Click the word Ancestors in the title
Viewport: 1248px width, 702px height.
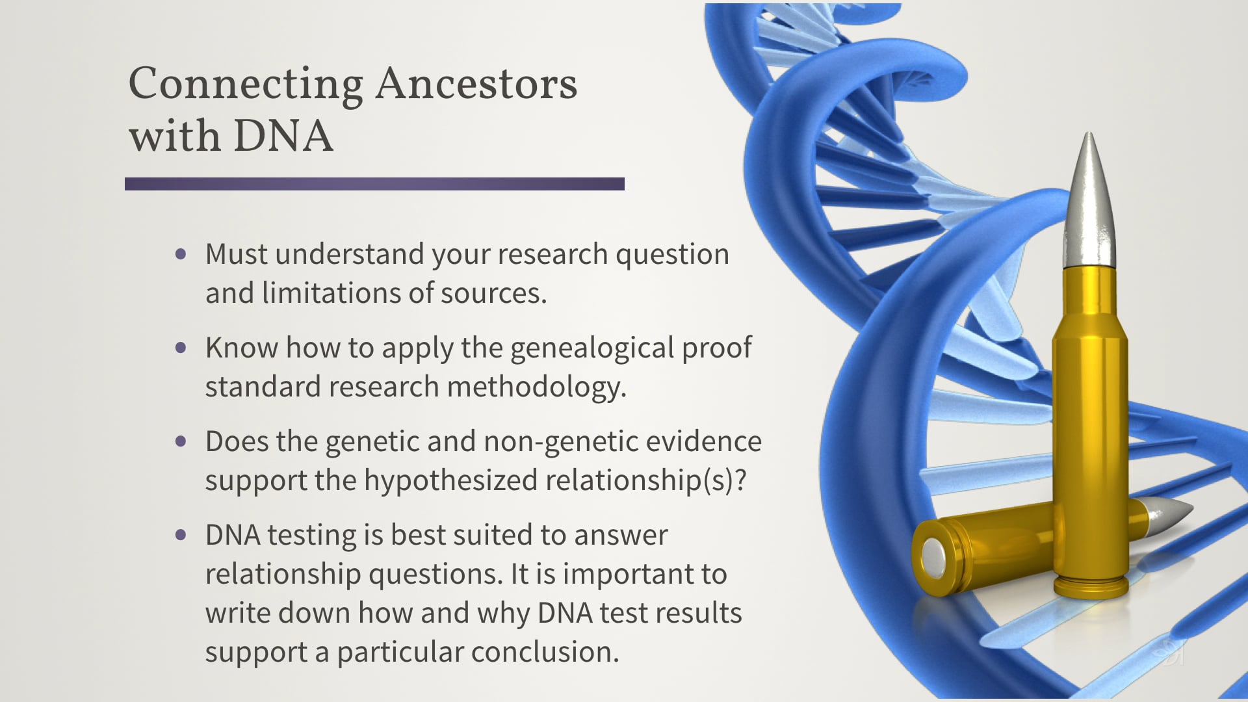(x=476, y=84)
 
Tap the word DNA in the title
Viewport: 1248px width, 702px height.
(x=283, y=136)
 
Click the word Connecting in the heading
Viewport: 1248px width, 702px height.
(x=245, y=84)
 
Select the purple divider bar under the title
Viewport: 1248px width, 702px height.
(x=374, y=184)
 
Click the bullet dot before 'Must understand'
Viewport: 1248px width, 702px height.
(x=181, y=254)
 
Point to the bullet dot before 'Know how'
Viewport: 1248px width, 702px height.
(x=181, y=348)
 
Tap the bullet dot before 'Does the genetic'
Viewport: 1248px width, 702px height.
(x=181, y=441)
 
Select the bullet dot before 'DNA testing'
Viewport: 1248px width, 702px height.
(x=181, y=535)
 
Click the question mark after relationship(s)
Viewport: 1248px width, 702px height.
(x=740, y=481)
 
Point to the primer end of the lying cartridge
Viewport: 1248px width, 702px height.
(x=933, y=558)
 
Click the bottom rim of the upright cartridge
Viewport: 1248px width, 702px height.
(x=1090, y=588)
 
